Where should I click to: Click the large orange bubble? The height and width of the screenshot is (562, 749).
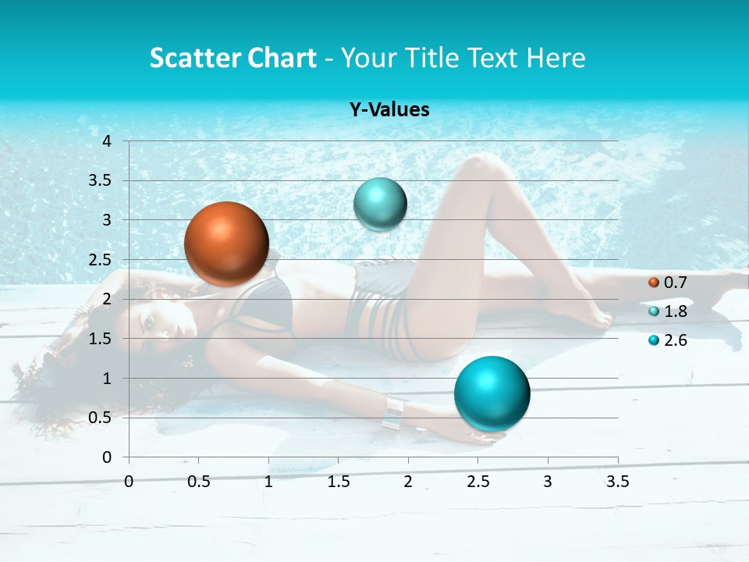coord(226,244)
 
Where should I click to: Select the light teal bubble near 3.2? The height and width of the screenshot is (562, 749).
coord(380,205)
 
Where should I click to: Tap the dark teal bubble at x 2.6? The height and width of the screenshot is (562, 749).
coord(492,393)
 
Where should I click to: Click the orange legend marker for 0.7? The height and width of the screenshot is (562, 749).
coord(654,283)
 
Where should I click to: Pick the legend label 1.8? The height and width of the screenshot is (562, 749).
coord(675,311)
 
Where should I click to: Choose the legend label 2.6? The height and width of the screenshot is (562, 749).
coord(675,340)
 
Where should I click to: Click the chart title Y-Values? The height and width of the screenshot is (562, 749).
coord(389,110)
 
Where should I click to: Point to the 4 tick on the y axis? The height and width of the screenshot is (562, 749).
coord(107,141)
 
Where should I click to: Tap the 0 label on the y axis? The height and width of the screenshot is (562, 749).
coord(107,457)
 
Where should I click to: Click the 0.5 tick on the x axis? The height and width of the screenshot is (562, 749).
coord(199,482)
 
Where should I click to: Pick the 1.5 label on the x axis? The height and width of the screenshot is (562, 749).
coord(339,482)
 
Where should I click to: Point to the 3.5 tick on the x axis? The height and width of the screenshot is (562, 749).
coord(617,482)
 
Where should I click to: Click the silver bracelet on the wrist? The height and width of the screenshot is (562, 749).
coord(395,412)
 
